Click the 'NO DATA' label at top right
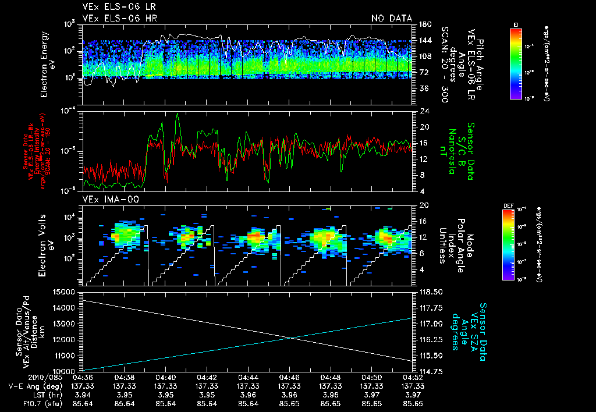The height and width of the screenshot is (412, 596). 391,18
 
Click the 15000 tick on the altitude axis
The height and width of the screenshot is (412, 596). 65,292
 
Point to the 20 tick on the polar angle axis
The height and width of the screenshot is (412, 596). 423,205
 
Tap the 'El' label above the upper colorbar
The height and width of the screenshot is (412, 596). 516,24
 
